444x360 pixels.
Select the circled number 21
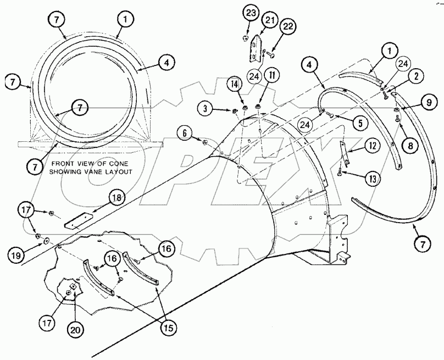click(269, 20)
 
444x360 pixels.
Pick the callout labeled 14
click(235, 84)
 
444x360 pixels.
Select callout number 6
click(185, 132)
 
